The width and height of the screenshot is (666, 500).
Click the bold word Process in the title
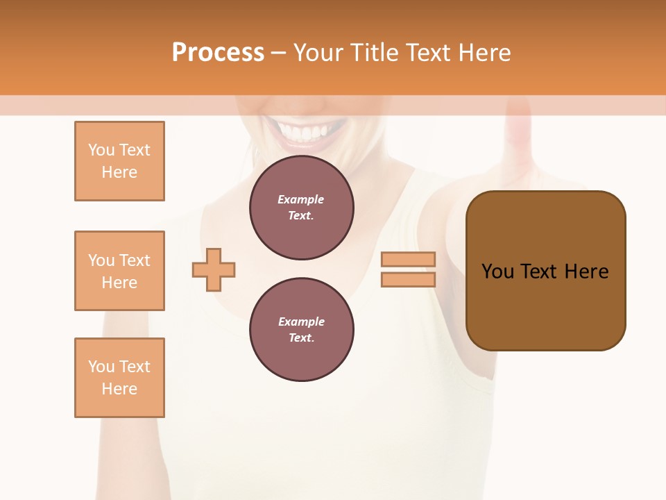coord(218,53)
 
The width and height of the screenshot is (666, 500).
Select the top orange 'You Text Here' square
coord(119,161)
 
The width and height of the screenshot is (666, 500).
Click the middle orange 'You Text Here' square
coord(119,271)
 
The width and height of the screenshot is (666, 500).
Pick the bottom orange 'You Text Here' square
coord(119,378)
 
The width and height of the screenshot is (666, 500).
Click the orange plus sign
coord(214,269)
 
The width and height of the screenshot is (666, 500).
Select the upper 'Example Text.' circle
coord(301,208)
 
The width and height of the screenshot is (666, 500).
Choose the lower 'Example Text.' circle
coord(301,330)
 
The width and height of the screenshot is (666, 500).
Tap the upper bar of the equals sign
coord(408,260)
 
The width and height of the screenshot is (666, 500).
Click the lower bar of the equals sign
coord(408,280)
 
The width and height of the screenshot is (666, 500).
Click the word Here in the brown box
coord(586,272)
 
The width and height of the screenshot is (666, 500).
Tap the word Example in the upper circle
coord(301,200)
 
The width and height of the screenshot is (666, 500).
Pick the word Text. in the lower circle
coord(301,338)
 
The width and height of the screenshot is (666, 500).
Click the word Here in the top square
coord(119,172)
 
